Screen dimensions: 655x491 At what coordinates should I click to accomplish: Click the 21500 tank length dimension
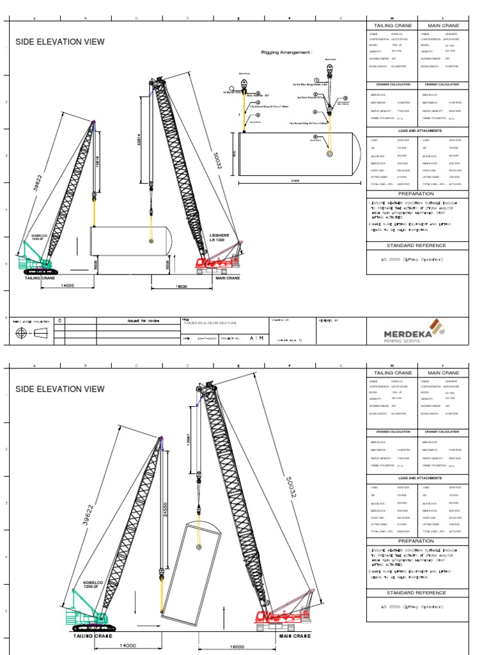coord(295,181)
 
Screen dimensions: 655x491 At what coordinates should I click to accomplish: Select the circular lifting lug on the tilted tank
coord(199,548)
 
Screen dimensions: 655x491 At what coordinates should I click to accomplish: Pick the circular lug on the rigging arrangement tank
coord(329,154)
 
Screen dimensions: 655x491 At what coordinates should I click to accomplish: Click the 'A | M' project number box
coord(256,338)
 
